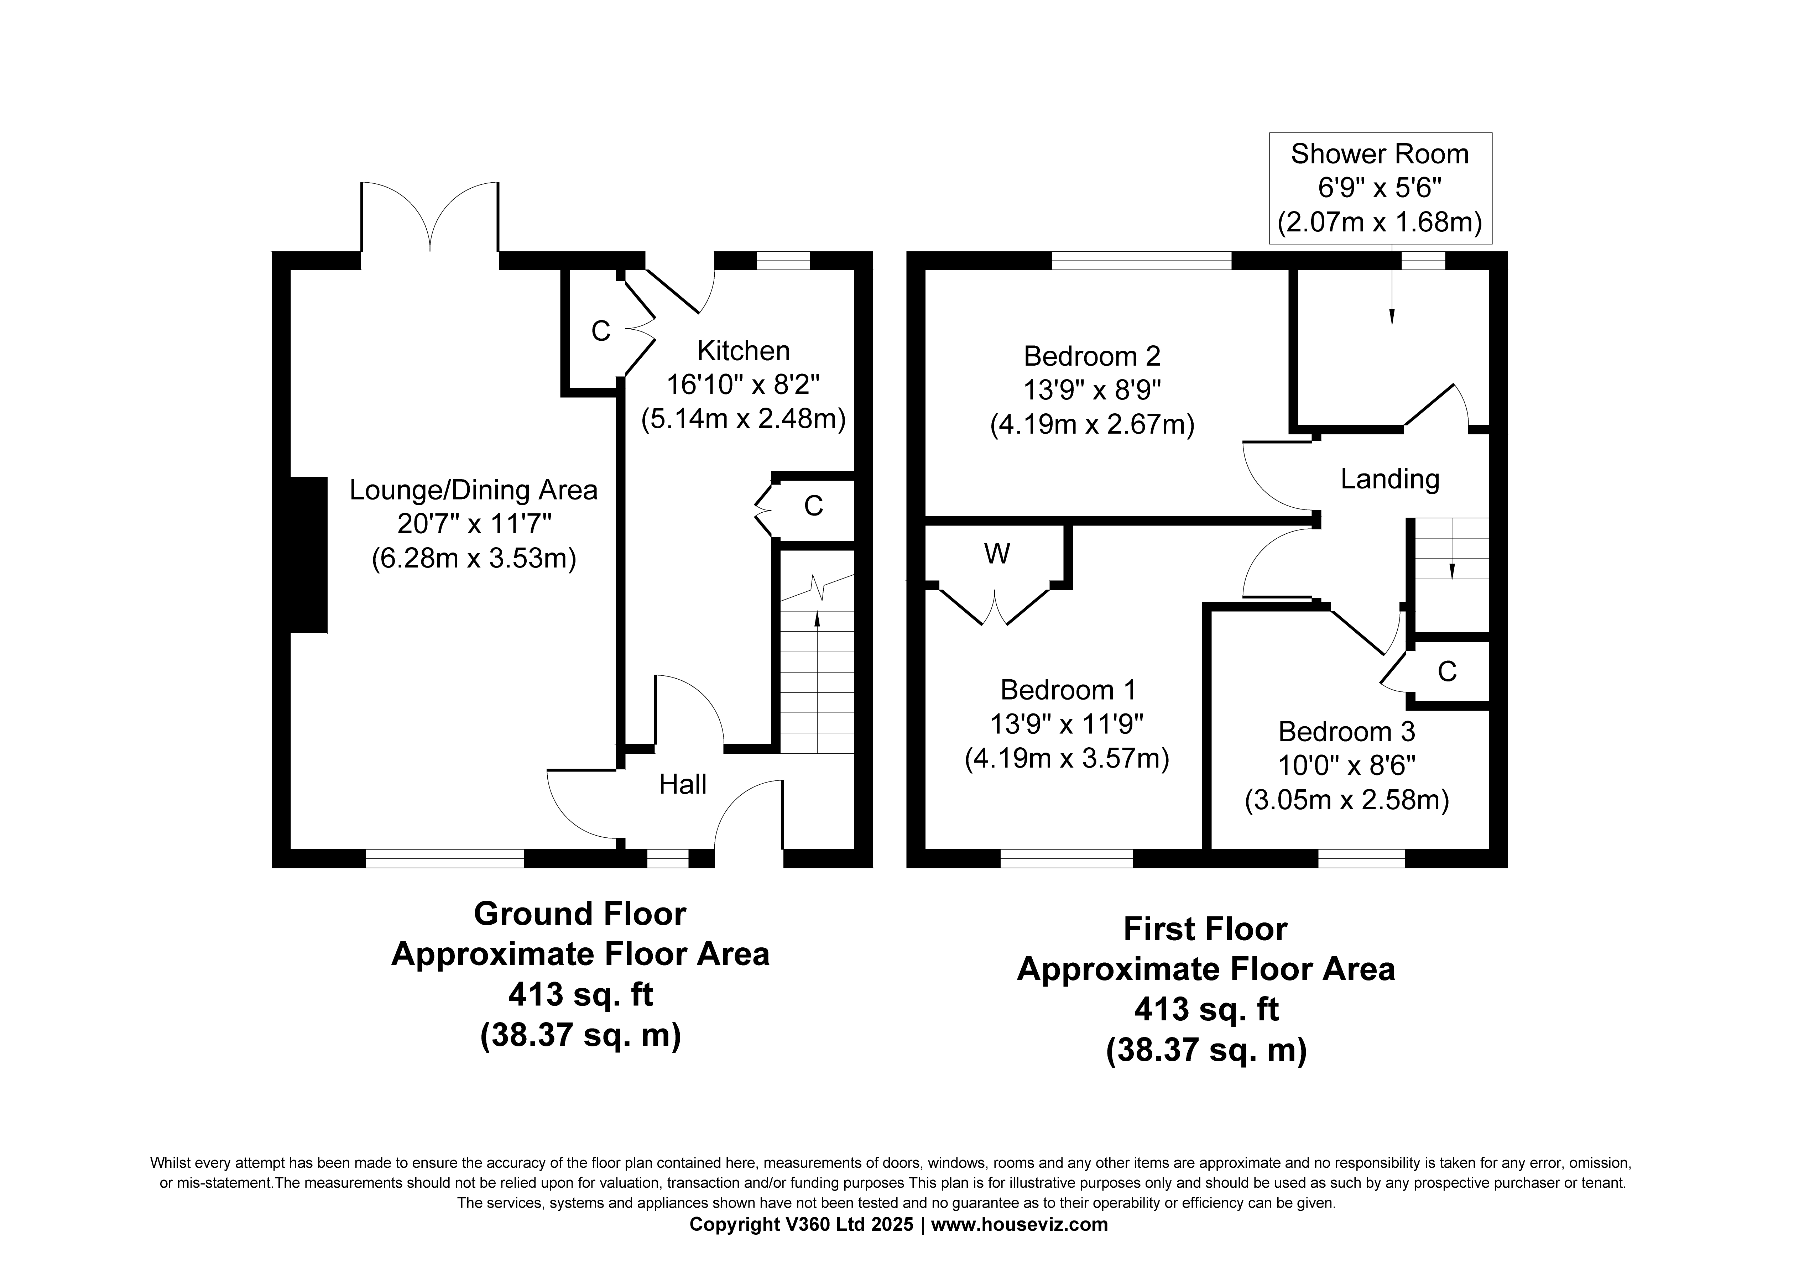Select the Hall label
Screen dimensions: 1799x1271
tap(683, 784)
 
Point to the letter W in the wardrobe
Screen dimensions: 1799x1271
tap(997, 554)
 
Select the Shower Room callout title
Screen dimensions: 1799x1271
tap(1380, 155)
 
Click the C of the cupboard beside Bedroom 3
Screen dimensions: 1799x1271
tap(1447, 671)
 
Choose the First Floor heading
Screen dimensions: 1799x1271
tap(1205, 929)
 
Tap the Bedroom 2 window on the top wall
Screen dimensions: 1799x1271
tap(1142, 260)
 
